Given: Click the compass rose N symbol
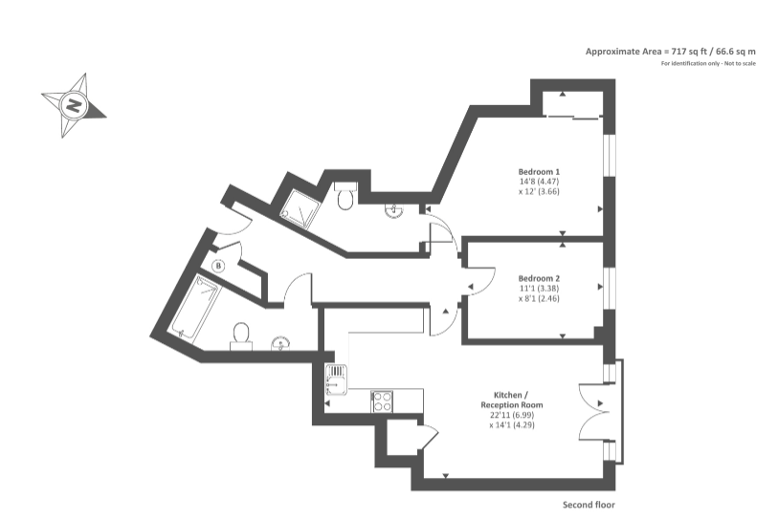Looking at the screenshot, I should pos(73,104).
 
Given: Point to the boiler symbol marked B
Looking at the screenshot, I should pos(219,265).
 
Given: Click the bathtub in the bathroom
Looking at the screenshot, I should pos(196,306).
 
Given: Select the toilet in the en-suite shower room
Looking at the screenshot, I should pos(346,196).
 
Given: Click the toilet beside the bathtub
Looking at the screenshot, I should pos(241,334).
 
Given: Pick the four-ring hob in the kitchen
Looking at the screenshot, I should pos(382,400).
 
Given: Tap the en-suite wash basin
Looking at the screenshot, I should pos(394,211).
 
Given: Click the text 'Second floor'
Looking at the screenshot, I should pos(589,504).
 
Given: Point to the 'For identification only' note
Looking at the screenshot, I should pos(708,63).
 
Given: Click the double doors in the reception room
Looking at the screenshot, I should pos(593,411).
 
